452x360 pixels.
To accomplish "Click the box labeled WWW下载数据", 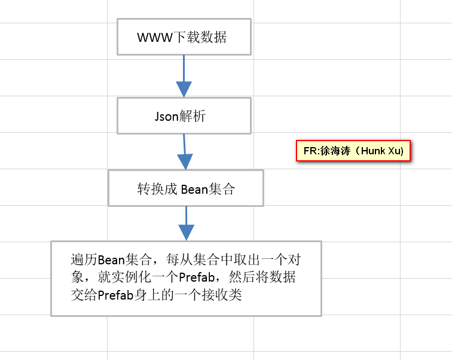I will (184, 36).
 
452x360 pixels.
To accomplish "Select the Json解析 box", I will (184, 116).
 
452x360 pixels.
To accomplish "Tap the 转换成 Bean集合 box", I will (186, 188).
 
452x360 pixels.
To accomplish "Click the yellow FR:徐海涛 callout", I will (354, 151).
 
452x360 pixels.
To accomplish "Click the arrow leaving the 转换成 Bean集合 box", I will (187, 223).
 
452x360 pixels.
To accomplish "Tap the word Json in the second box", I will (167, 117).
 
